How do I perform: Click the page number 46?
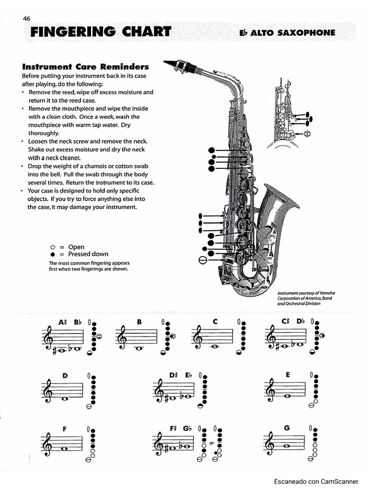coord(26,19)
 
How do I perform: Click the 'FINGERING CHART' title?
coord(101,33)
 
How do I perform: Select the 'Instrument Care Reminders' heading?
coord(85,67)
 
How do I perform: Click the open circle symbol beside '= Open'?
coord(53,247)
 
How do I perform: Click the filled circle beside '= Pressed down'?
coord(53,254)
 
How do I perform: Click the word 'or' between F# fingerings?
coord(211,444)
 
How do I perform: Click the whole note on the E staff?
coord(288,396)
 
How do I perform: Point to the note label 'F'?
coord(64,428)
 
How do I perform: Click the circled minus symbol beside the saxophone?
coord(203,260)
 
